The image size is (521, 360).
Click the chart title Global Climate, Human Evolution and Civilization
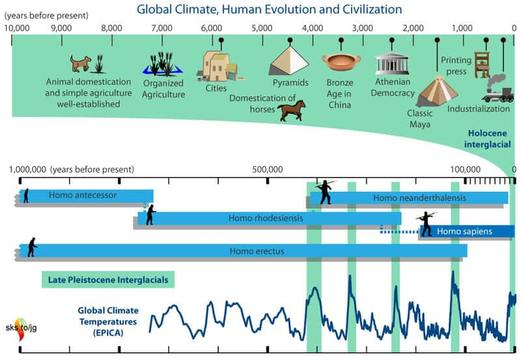268,9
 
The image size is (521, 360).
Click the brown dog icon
81,63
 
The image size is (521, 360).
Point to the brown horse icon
291,110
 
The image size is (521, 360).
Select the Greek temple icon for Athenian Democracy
391,63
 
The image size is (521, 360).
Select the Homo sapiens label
464,231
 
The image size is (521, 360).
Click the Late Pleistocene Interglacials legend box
108,281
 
